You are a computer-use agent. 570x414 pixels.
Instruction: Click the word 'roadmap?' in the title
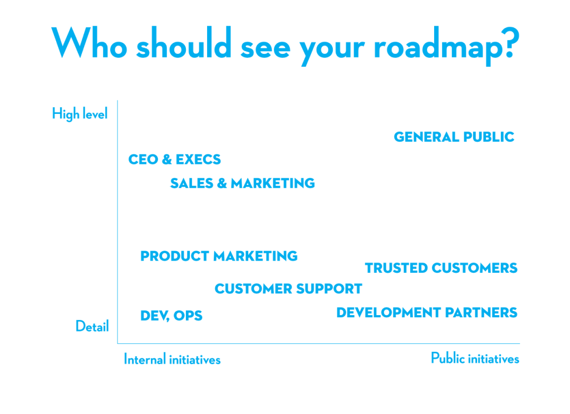point(447,44)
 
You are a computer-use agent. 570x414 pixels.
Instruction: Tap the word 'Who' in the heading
point(90,43)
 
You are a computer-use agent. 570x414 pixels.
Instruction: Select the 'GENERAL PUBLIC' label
point(454,137)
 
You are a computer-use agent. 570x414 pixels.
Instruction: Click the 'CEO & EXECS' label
point(174,159)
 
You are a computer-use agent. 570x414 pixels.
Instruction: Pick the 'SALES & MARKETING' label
point(242,183)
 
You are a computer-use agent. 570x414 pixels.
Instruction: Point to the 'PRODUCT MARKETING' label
point(219,256)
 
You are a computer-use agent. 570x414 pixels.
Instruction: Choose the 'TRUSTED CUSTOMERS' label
point(441,268)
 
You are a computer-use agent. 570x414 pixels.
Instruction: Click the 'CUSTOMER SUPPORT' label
point(288,289)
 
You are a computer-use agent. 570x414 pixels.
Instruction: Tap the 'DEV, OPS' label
point(171,316)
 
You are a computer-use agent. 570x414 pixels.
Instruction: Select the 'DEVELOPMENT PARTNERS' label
point(426,313)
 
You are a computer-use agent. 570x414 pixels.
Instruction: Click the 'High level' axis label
point(80,114)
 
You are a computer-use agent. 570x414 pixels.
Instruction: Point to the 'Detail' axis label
point(92,327)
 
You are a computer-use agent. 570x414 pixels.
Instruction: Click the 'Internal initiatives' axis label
point(172,360)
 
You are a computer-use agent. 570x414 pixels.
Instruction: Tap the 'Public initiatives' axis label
point(475,358)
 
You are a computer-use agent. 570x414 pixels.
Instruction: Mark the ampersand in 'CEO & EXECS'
point(166,160)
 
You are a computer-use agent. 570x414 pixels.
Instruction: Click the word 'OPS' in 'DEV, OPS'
point(188,316)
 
